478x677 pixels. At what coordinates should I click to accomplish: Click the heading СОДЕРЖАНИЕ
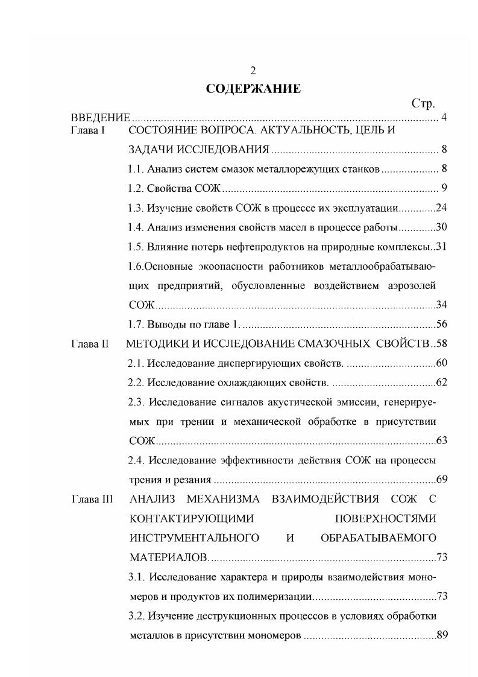click(253, 89)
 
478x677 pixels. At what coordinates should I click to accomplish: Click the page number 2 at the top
click(254, 71)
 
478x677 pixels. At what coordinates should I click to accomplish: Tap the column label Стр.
click(423, 104)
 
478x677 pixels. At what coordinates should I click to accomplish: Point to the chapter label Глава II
click(90, 344)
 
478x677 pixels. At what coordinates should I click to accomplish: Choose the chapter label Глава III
click(92, 499)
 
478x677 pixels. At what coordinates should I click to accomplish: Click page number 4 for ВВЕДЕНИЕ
click(443, 117)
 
